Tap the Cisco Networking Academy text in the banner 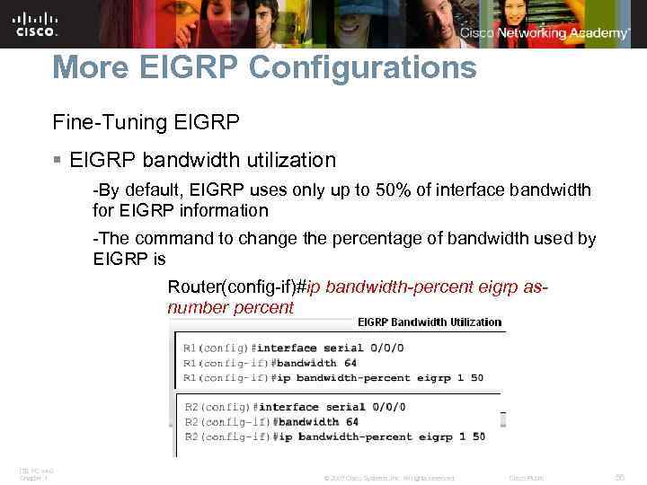click(545, 33)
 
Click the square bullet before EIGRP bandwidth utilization click(58, 161)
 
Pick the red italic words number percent click(231, 307)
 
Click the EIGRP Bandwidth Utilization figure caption click(430, 322)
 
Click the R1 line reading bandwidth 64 click(306, 363)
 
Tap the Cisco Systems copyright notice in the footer click(388, 478)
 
